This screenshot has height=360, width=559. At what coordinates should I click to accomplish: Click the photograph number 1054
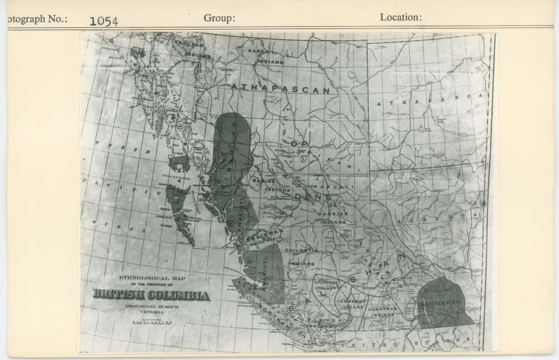[x=103, y=21]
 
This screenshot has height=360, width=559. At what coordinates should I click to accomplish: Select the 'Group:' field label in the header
[x=219, y=18]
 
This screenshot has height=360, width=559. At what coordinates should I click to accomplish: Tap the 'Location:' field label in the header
[x=400, y=17]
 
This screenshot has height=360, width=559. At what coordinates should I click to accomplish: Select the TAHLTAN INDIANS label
[x=188, y=49]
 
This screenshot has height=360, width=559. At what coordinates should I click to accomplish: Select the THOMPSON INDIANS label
[x=351, y=304]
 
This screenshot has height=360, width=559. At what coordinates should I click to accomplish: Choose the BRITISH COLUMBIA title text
[x=151, y=295]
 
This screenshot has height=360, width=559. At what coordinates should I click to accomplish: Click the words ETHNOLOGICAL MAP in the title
[x=151, y=278]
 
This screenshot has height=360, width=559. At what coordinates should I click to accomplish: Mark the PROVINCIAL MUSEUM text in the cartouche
[x=151, y=306]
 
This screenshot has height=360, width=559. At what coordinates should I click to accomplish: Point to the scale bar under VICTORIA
[x=151, y=323]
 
